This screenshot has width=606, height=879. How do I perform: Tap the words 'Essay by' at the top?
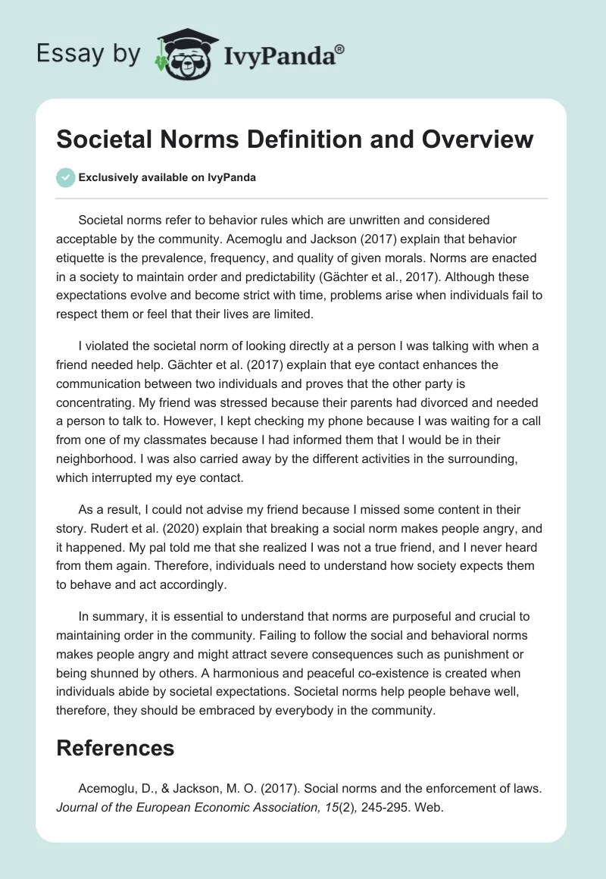(89, 53)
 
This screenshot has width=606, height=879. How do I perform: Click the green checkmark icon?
(65, 177)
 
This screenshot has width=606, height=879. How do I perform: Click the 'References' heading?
(115, 748)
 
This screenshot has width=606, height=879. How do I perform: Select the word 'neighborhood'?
(95, 459)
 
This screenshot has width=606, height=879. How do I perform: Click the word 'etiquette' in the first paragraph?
(82, 259)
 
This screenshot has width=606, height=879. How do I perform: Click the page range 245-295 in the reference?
(367, 808)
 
